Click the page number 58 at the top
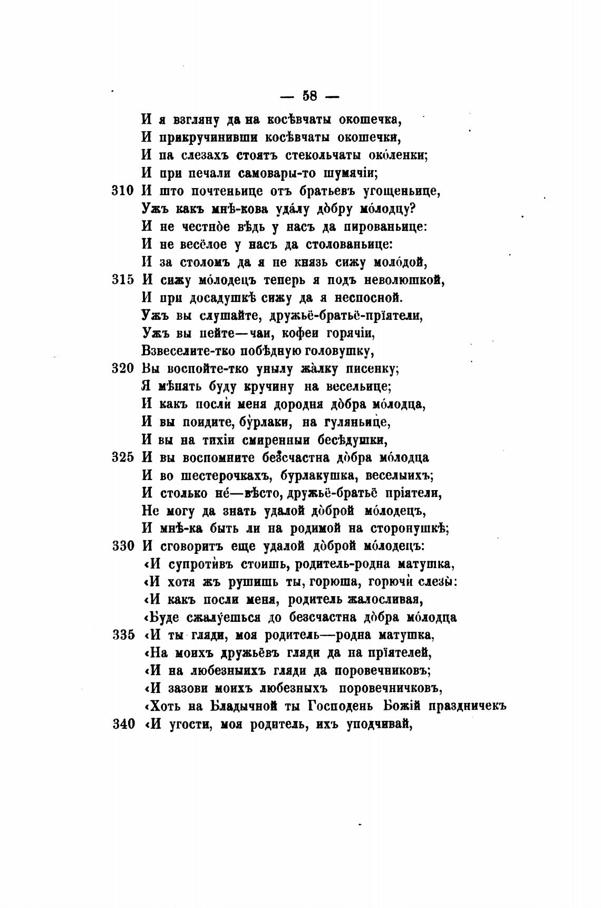(309, 96)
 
